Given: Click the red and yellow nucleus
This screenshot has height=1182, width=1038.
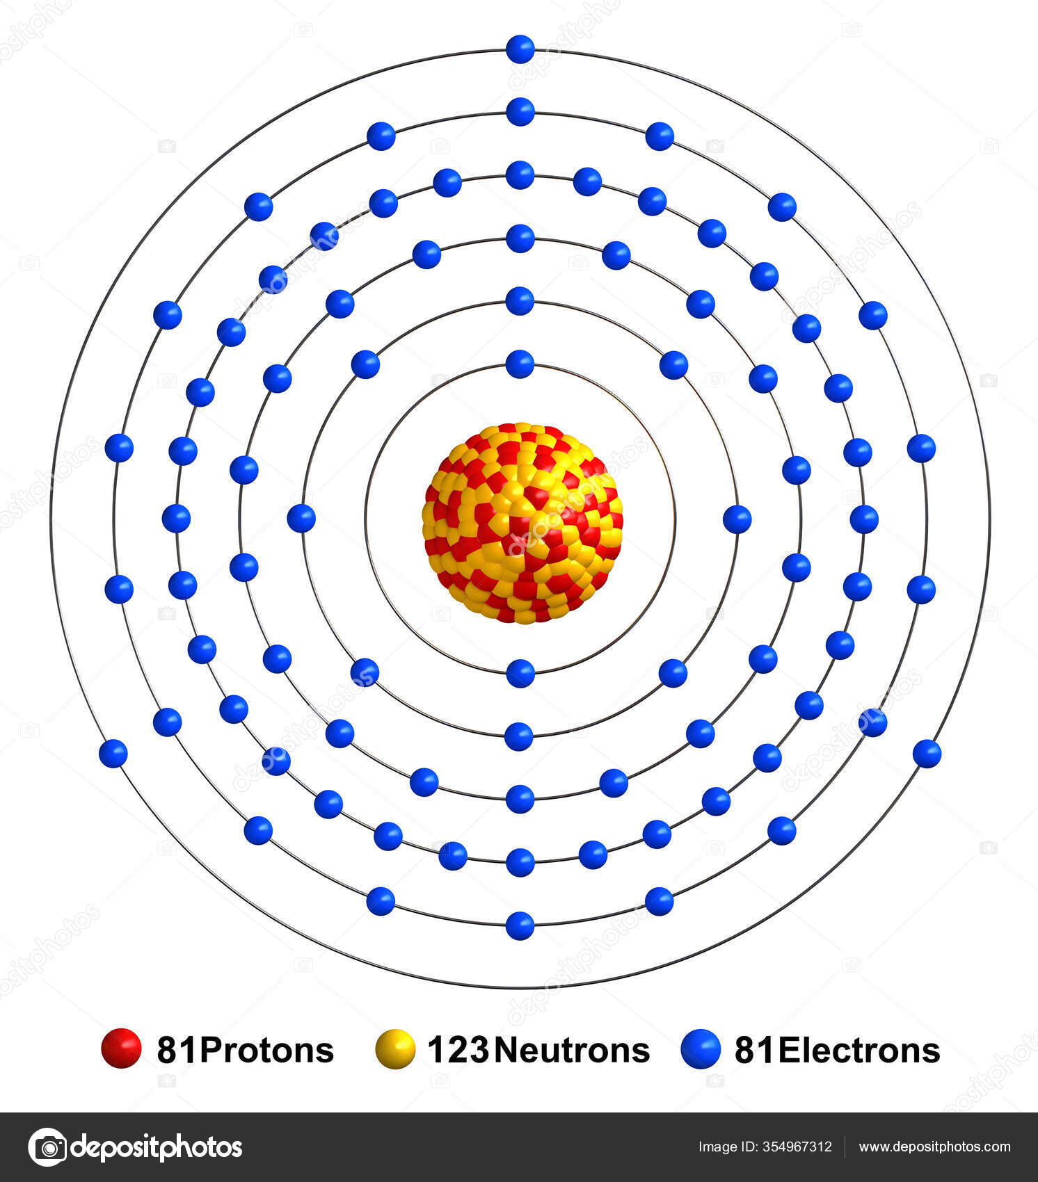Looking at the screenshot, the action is [x=522, y=522].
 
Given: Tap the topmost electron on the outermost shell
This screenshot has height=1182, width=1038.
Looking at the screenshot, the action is [x=520, y=49].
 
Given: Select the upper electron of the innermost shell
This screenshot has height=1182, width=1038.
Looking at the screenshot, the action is [x=520, y=364].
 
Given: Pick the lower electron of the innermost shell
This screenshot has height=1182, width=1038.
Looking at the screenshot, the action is [x=520, y=673].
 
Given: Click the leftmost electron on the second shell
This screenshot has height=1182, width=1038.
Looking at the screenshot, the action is [x=301, y=518].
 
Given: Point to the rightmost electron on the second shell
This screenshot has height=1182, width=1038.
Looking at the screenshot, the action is [x=737, y=519].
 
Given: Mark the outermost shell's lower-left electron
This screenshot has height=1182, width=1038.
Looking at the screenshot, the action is [x=113, y=753].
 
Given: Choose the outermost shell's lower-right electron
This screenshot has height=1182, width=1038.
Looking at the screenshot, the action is [x=927, y=753].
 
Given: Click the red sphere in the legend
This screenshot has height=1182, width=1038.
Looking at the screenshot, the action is [x=121, y=1048].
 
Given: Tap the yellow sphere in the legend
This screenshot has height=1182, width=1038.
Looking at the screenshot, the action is [x=395, y=1049].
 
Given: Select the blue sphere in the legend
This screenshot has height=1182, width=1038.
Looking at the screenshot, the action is [x=701, y=1049].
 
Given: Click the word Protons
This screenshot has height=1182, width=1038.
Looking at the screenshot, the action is [x=266, y=1050].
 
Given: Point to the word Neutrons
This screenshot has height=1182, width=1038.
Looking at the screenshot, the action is [x=572, y=1050].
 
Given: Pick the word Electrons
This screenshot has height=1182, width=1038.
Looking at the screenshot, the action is [x=859, y=1050].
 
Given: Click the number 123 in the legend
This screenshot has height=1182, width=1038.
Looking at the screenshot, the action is [x=458, y=1050].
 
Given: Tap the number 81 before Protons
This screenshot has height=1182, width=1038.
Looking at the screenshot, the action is [x=177, y=1050].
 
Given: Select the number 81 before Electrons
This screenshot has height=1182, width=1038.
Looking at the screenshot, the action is [x=755, y=1050].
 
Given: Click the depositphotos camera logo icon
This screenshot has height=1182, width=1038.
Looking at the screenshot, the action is [x=47, y=1147].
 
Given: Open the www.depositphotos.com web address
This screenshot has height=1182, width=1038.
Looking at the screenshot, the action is [x=934, y=1147].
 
